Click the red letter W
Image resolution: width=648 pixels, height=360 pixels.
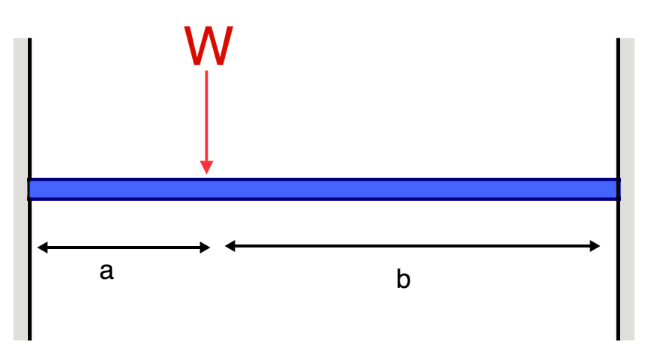[208, 46]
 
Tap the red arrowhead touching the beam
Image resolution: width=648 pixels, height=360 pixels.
[206, 166]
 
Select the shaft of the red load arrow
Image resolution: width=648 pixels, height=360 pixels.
[206, 112]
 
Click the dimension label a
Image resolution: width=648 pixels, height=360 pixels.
[106, 271]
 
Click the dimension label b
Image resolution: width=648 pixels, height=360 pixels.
[403, 280]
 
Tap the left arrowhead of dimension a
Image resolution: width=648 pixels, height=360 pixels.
[42, 247]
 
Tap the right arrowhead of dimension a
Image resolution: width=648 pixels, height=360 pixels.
[205, 247]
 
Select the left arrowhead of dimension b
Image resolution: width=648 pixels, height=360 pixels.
[229, 245]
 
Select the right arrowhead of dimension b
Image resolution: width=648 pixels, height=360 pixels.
[595, 245]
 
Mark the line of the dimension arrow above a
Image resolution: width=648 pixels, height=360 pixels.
[124, 247]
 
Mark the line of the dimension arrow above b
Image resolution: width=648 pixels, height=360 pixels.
[412, 245]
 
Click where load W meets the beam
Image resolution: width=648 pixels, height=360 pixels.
[206, 177]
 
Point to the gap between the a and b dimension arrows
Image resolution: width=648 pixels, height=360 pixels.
[217, 246]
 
